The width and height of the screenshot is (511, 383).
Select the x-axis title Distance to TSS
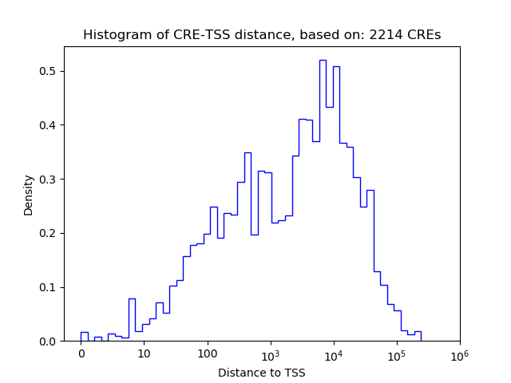click(x=262, y=373)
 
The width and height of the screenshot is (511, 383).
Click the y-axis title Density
click(x=29, y=195)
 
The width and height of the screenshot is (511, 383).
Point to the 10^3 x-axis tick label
click(x=271, y=353)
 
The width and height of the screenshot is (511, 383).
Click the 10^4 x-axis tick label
click(x=334, y=353)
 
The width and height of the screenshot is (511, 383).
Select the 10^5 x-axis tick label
click(x=397, y=353)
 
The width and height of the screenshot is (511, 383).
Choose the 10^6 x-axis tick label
click(x=460, y=353)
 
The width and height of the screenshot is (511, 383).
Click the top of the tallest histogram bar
click(x=323, y=60)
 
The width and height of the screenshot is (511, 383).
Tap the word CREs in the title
click(x=423, y=35)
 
